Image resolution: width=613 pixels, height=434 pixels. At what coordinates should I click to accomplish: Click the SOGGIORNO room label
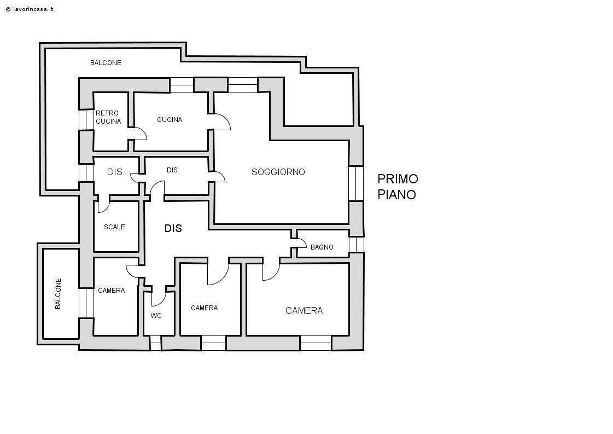coord(278,172)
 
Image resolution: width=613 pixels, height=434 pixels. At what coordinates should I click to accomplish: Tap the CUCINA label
coord(170,119)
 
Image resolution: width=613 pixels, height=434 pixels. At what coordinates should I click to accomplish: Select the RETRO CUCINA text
coord(108,117)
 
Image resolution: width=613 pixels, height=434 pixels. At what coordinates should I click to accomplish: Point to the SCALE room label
coord(114,227)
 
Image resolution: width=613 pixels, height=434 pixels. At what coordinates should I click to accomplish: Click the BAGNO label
coord(322,247)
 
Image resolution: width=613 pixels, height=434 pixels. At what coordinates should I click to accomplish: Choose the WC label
coord(156,315)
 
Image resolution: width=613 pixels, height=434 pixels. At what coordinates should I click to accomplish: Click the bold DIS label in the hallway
coord(173,229)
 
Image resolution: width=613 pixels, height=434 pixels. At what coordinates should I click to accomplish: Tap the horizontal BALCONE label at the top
coord(106,62)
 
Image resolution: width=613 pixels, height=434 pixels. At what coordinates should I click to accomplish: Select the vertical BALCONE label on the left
coord(59,293)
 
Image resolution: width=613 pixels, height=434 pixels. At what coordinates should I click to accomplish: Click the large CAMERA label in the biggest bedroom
coord(304,310)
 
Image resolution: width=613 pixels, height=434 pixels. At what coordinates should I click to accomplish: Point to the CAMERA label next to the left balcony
coord(112,291)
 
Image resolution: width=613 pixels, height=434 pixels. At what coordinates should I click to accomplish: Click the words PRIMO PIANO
coord(398,187)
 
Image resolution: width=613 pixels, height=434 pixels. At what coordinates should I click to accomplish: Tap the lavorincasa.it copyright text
coord(30,9)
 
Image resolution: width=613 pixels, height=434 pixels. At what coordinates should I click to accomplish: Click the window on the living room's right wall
coord(356,183)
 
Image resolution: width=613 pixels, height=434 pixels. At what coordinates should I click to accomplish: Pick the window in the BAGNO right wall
coord(357,245)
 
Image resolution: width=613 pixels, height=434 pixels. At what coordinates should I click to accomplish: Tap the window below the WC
coord(156,343)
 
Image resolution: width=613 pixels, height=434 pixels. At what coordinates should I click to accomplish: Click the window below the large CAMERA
coord(316,343)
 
